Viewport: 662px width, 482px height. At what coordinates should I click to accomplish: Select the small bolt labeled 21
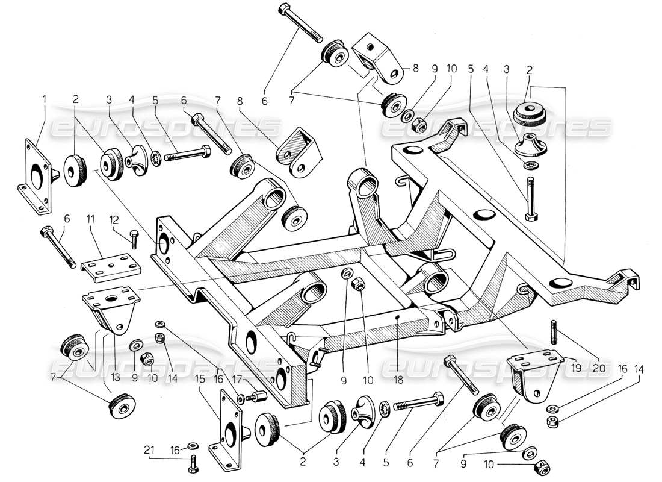pos(192,463)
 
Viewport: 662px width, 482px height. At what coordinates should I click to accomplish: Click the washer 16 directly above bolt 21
pos(191,446)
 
